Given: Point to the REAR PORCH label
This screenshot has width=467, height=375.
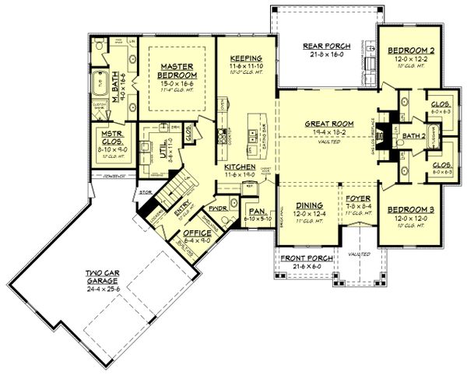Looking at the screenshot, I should tap(322, 47).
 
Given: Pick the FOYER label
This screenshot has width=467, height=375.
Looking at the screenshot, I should tap(354, 198).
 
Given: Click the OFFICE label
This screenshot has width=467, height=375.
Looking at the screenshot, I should tap(197, 232).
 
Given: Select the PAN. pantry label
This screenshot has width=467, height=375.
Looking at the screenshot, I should tap(255, 211).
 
